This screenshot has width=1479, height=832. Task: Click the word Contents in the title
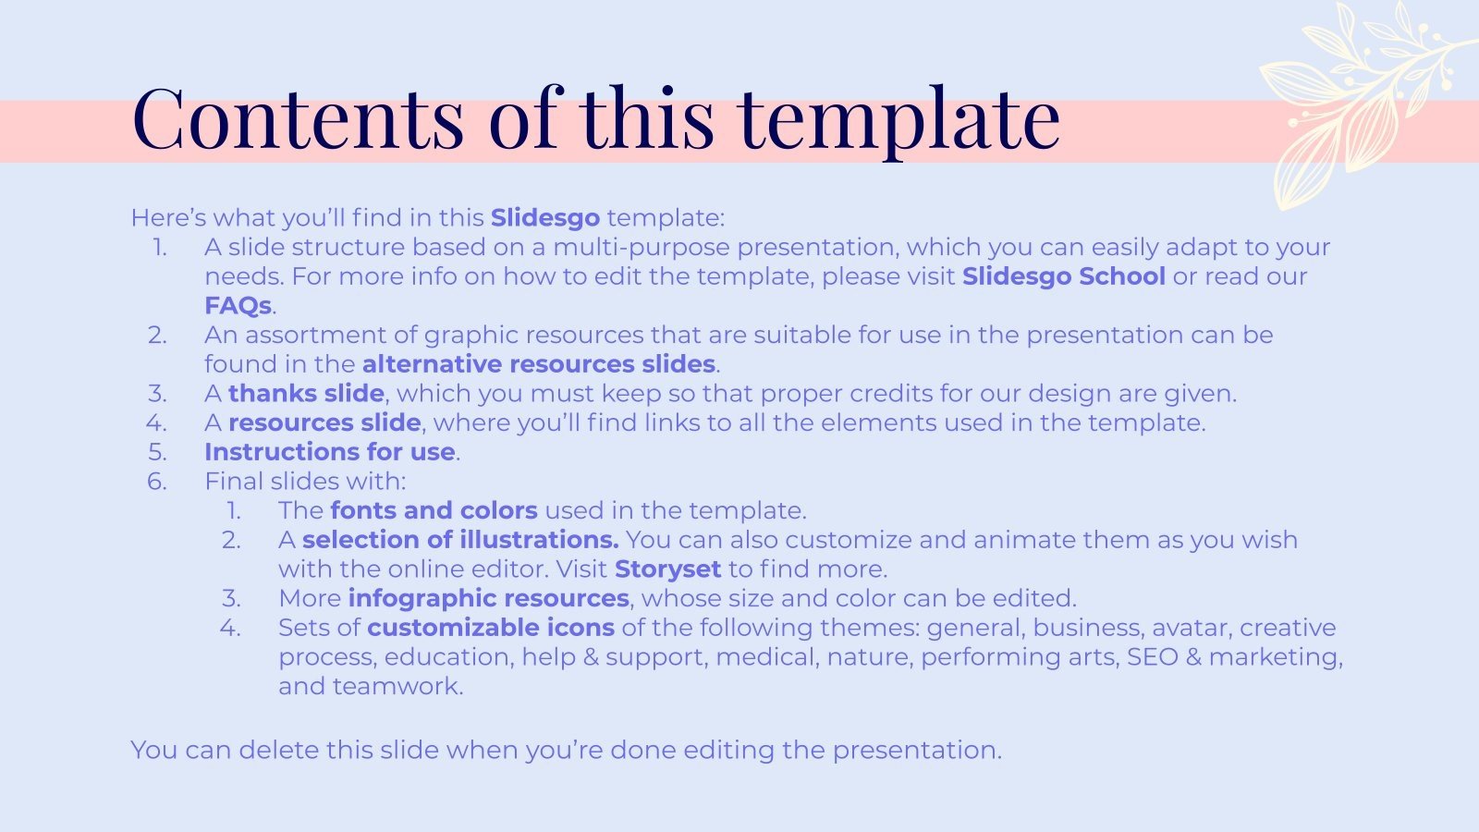pos(298,118)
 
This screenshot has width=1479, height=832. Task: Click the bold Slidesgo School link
pos(1063,276)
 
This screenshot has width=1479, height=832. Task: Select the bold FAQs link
pos(238,306)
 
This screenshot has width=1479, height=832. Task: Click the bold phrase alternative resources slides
pos(539,364)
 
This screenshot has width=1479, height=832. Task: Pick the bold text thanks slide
pos(306,394)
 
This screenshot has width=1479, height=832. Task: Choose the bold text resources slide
pos(324,423)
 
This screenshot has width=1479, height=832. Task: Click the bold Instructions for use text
pos(330,452)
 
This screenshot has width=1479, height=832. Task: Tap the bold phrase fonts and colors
pos(434,510)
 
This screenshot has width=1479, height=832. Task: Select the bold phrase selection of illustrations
pos(460,540)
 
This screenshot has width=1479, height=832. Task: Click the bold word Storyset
pos(667,569)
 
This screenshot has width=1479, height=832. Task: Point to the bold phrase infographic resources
pos(489,598)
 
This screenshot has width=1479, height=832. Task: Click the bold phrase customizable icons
pos(491,628)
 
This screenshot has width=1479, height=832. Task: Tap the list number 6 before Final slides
pos(157,482)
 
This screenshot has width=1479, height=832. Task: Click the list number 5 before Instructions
pos(157,452)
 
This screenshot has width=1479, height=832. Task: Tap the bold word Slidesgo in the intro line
pos(545,218)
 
